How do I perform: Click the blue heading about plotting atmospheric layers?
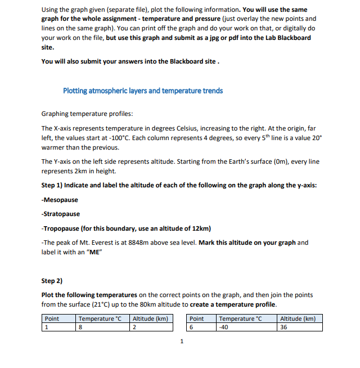click(143, 91)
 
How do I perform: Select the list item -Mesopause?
click(60, 200)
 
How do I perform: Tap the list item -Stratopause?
click(61, 214)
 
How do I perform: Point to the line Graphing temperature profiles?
click(87, 114)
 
